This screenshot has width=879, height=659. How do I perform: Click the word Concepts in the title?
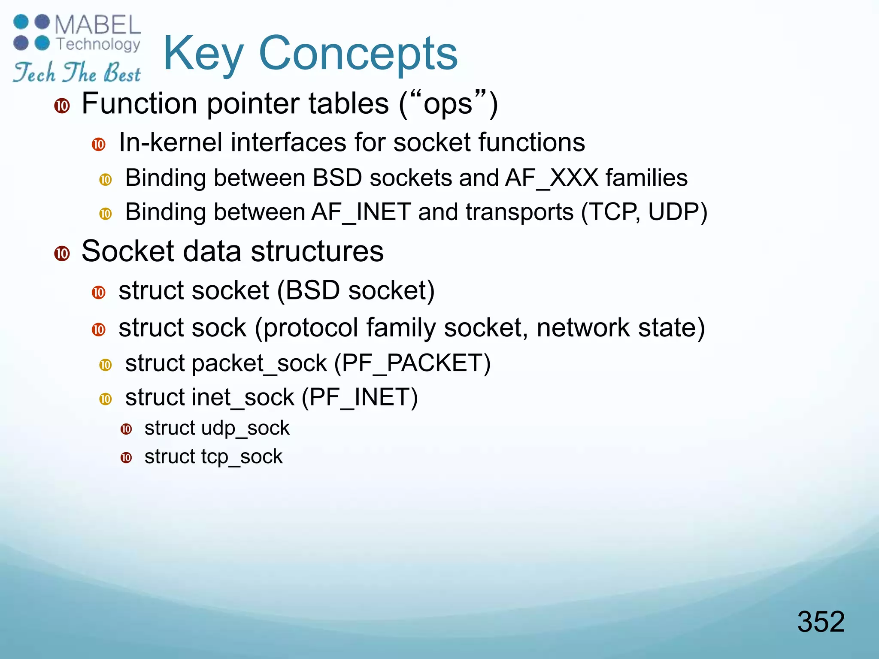(358, 54)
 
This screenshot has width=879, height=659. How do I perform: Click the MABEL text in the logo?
(97, 25)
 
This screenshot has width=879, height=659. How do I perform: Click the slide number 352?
(821, 621)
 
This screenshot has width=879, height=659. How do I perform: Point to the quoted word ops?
(448, 104)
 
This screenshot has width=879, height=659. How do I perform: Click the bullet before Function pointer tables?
(62, 106)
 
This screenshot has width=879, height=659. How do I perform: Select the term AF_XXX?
(552, 178)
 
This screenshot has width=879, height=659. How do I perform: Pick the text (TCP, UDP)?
(644, 212)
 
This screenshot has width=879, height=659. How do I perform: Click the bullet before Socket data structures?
(62, 253)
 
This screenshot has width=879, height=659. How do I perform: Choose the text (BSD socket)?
(355, 290)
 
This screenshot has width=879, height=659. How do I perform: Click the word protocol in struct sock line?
(310, 328)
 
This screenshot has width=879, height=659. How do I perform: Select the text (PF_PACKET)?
(412, 363)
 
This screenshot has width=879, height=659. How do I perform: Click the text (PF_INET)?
(359, 397)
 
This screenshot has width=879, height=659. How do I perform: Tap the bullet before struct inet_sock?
(106, 399)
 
